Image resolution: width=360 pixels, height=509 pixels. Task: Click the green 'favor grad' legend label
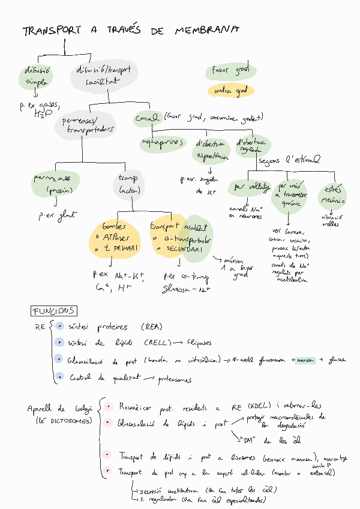(230, 71)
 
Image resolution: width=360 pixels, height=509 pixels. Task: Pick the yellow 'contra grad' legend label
(230, 91)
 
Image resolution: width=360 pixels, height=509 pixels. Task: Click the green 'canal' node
(146, 118)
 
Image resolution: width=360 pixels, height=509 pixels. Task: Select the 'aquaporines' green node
(162, 143)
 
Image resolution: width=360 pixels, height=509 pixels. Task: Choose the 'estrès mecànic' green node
(332, 194)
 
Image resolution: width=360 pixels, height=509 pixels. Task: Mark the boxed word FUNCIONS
(53, 311)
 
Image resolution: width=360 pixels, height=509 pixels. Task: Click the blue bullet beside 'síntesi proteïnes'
(59, 327)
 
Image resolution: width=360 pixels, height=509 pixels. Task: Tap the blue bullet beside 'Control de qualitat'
(59, 377)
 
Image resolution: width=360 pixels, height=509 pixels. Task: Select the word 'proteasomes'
(175, 379)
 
